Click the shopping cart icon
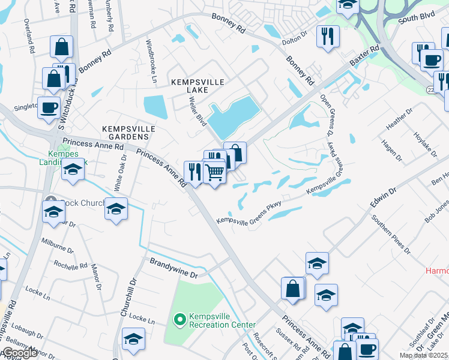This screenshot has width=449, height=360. point(214,173)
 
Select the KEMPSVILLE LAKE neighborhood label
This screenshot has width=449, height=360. point(189,85)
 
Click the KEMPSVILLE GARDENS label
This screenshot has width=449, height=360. point(128,133)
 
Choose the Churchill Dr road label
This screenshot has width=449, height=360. point(127,297)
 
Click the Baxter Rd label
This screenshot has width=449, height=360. point(366,56)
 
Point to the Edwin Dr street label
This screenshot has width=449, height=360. point(384,198)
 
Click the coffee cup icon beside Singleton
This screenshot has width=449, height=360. point(49,107)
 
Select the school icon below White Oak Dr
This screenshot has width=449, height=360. point(116,208)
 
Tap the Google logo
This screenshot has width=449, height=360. point(19,352)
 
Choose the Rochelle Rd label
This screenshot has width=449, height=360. point(71,265)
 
